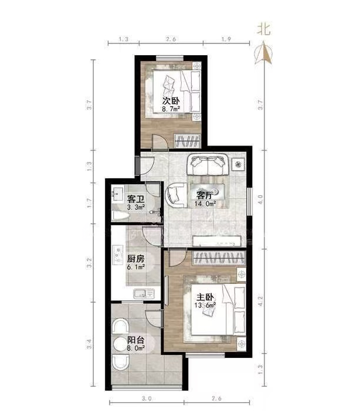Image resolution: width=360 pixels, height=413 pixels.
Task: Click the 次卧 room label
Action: [x=171, y=101]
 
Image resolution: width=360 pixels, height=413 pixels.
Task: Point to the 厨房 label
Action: [x=136, y=259]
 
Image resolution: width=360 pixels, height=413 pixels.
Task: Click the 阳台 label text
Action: [x=136, y=340]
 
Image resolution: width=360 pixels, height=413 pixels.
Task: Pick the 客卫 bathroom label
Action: [x=136, y=199]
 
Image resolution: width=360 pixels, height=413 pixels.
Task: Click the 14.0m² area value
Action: [x=205, y=204]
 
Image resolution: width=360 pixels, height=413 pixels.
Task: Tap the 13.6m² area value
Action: [x=205, y=305]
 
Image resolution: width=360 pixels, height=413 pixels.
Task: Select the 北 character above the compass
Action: [x=264, y=29]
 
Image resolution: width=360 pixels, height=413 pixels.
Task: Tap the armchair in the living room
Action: [x=175, y=195]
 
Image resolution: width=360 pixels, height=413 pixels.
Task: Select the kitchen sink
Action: [x=144, y=294]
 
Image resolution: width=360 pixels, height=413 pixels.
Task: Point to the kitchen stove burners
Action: [x=118, y=255]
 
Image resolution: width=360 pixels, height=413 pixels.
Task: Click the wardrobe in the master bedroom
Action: [x=219, y=258]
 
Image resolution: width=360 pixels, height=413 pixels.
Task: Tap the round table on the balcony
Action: [x=121, y=344]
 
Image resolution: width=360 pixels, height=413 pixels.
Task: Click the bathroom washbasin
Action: [x=117, y=194]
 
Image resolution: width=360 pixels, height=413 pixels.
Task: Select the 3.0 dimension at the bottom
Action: [x=147, y=399]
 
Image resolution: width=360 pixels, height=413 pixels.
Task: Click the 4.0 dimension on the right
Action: [x=260, y=199]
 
